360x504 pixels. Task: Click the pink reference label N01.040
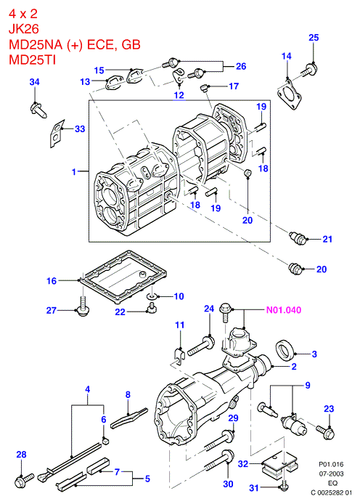[x=284, y=310]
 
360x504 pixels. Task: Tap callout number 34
[x=34, y=82]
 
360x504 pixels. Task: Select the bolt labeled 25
[x=309, y=70]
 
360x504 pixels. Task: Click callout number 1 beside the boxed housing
[x=74, y=172]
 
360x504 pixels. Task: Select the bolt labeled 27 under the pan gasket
[x=82, y=307]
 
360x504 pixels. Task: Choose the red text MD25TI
[x=32, y=60]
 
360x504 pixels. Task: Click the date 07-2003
[x=331, y=473]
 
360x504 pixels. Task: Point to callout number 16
[x=52, y=281]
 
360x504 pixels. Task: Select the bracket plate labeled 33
[x=57, y=133]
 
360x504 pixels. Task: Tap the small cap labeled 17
[x=203, y=87]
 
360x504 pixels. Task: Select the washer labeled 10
[x=151, y=296]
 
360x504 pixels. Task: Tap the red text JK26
[x=23, y=29]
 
